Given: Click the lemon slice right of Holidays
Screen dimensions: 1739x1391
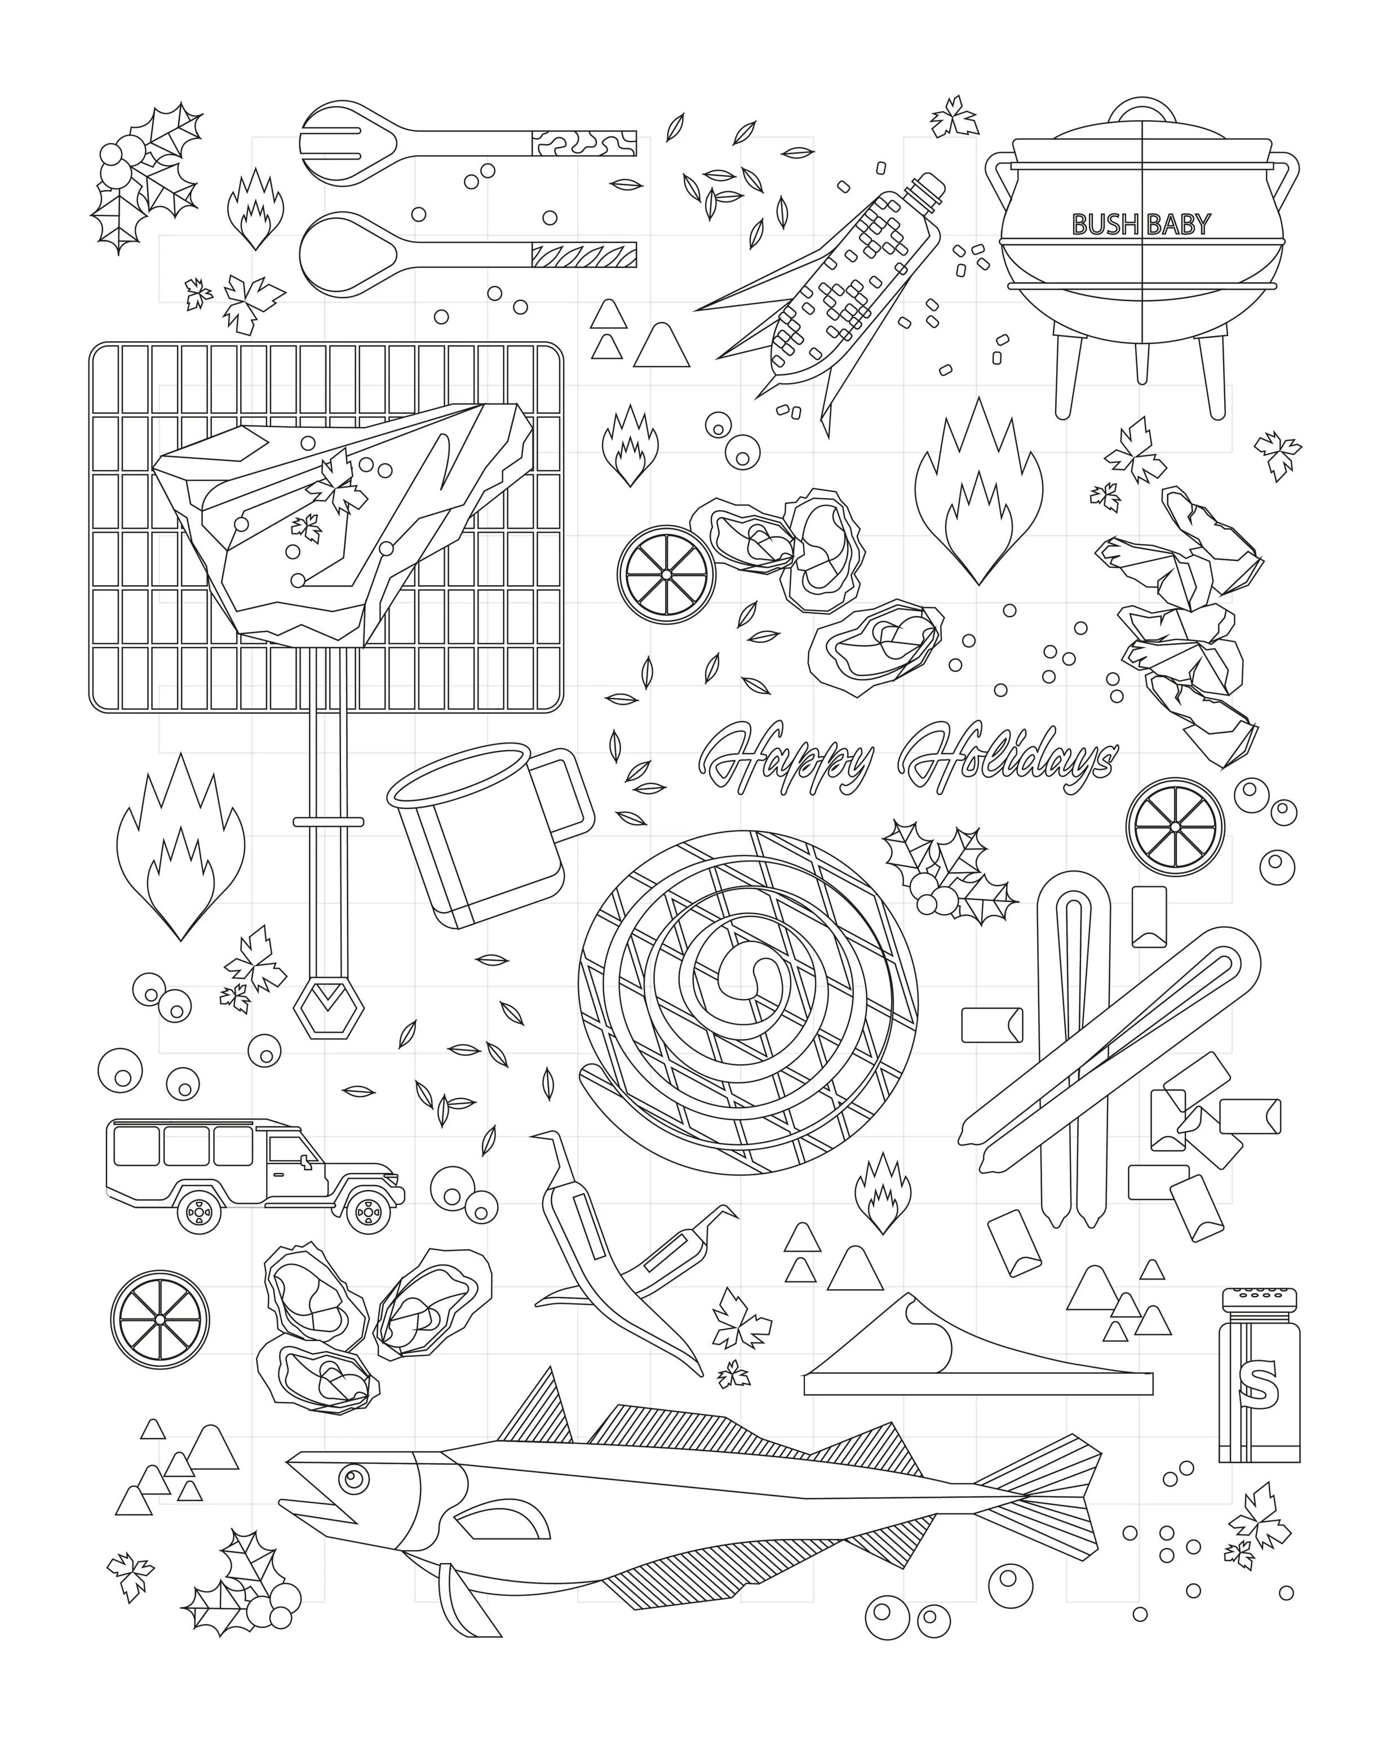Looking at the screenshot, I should (x=1175, y=827).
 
